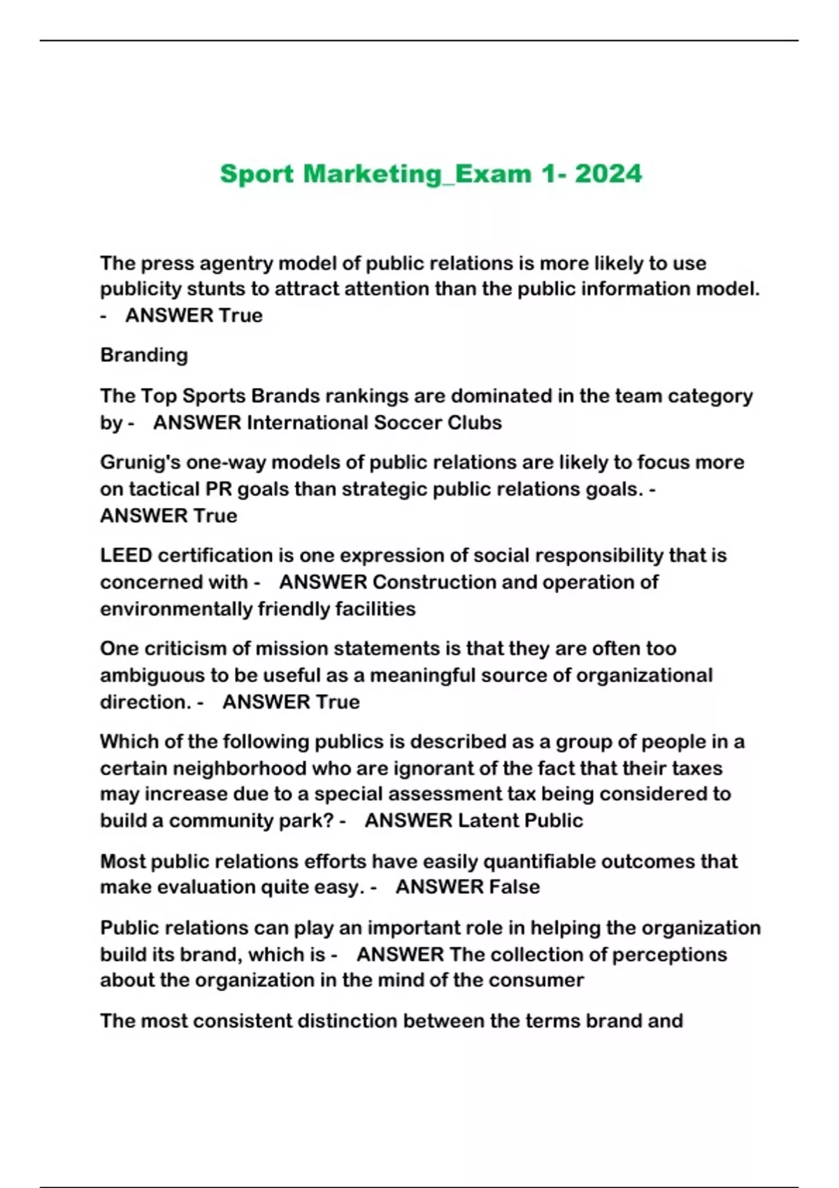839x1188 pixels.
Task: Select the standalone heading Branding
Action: tap(144, 355)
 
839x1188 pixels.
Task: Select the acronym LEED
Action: tap(126, 556)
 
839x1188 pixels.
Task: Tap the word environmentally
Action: tap(176, 609)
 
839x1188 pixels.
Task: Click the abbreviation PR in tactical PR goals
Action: tap(218, 489)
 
